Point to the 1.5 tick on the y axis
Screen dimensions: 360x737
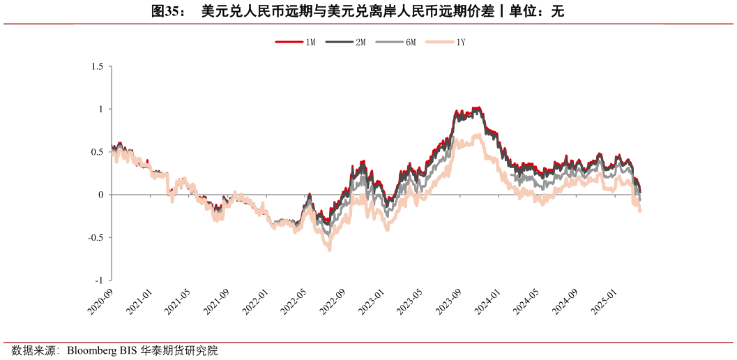[x=97, y=67]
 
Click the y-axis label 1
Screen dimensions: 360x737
[x=100, y=110]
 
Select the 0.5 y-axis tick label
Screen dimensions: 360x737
[x=97, y=152]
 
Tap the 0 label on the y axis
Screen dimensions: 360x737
[x=100, y=195]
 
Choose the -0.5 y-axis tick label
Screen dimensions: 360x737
[x=96, y=237]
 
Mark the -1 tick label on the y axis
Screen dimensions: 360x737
[x=99, y=280]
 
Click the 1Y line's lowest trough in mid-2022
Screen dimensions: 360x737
[x=329, y=249]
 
